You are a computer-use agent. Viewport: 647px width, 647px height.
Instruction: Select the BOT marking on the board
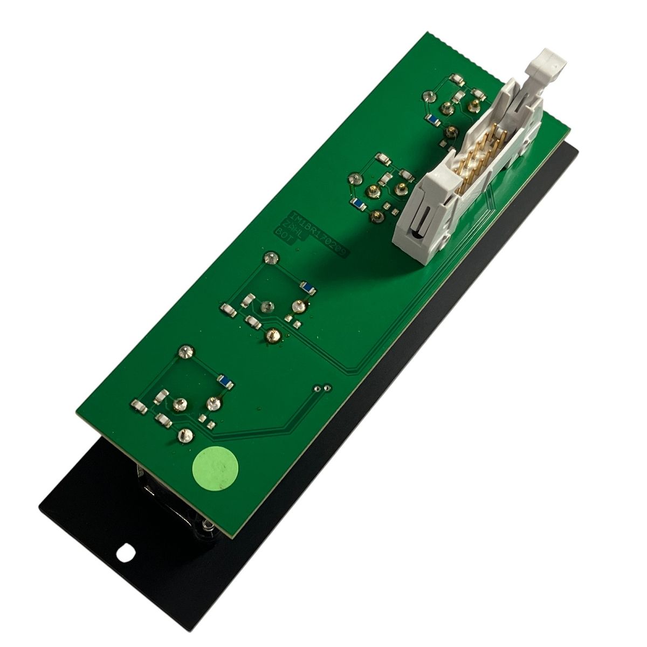(x=283, y=237)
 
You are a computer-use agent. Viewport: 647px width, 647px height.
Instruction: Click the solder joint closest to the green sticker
(x=185, y=435)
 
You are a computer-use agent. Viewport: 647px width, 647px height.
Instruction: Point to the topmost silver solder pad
(x=430, y=97)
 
